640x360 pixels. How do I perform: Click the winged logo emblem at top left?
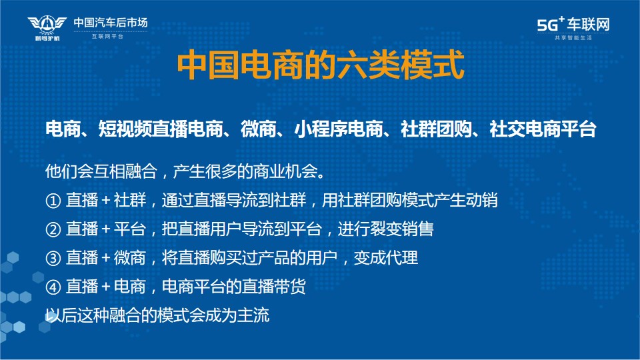tap(47, 27)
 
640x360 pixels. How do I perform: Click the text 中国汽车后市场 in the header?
tap(111, 23)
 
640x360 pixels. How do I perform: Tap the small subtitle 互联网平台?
tap(107, 36)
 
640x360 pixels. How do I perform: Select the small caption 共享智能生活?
tap(573, 37)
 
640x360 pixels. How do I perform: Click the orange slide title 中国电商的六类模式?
tap(321, 65)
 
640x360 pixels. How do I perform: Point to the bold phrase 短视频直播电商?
tap(161, 129)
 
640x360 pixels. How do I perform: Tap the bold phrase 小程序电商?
tap(339, 129)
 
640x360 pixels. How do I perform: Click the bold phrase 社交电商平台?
tap(543, 129)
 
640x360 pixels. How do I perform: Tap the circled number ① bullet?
tap(53, 201)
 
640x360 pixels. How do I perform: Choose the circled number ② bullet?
tap(53, 229)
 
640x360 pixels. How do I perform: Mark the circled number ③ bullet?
tap(53, 259)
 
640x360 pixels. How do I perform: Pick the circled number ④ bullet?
tap(53, 287)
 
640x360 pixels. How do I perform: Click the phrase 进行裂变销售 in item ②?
tap(385, 229)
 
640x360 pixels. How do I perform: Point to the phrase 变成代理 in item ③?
tap(386, 258)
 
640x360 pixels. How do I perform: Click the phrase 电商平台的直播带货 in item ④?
tap(233, 287)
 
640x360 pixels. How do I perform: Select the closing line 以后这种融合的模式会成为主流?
tap(157, 315)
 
